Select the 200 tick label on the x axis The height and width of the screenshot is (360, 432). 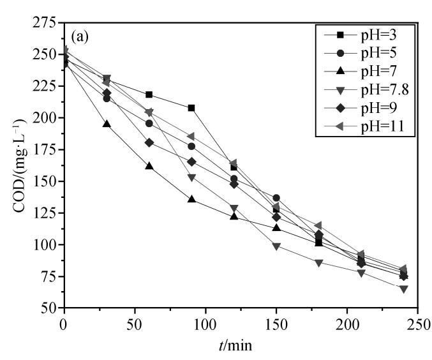347,323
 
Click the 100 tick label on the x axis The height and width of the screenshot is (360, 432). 205,323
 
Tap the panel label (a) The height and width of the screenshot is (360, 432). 80,36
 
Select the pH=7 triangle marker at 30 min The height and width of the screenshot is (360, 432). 107,124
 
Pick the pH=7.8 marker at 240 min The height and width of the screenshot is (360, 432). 403,289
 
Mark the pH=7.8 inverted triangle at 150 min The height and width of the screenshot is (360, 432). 276,246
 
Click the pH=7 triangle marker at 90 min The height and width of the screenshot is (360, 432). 191,199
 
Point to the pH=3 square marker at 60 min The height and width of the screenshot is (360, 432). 149,94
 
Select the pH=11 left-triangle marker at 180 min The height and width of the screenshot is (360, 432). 318,225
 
